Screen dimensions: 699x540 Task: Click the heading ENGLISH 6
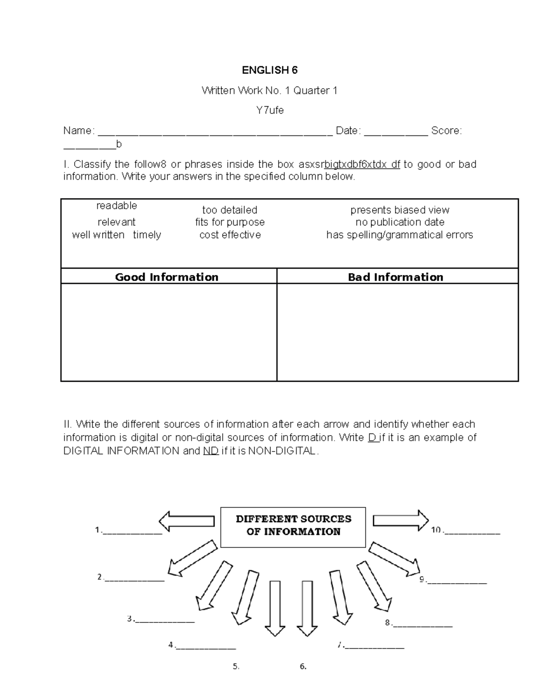point(270,70)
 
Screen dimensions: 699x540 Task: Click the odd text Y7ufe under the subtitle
point(270,110)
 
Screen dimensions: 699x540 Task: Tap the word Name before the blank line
point(77,131)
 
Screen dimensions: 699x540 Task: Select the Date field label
point(347,131)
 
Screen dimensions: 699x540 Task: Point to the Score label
point(445,131)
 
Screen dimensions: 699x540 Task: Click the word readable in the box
point(117,206)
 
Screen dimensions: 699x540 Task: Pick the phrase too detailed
point(229,210)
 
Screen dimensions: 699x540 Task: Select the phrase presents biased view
point(400,210)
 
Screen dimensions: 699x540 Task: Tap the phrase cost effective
point(230,235)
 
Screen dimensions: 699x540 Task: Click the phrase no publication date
point(400,222)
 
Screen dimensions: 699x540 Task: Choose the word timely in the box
point(147,235)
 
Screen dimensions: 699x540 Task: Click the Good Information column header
point(167,277)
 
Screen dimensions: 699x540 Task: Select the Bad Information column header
point(396,277)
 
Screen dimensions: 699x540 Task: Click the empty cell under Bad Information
point(397,332)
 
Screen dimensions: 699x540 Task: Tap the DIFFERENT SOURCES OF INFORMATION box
point(293,527)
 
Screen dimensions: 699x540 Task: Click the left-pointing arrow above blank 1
point(186,521)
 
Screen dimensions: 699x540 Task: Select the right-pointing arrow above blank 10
point(401,520)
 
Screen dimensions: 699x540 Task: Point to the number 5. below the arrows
point(236,667)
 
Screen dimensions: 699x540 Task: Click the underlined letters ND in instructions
point(211,451)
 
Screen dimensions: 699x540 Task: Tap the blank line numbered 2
point(134,578)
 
